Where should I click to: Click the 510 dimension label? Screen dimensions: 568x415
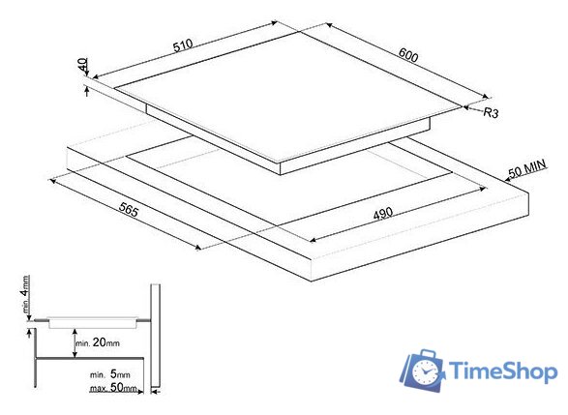183,45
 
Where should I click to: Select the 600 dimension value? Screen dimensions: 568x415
408,55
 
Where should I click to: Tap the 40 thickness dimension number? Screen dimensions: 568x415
83,65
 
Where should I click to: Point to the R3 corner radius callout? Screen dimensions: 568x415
492,112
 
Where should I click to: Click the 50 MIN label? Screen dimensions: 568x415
527,168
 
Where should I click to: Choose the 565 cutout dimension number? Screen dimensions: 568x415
129,209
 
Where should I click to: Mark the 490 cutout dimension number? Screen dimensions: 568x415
383,214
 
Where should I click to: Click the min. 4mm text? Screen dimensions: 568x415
25,294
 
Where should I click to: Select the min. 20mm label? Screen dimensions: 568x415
98,342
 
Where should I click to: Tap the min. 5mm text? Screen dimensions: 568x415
109,374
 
